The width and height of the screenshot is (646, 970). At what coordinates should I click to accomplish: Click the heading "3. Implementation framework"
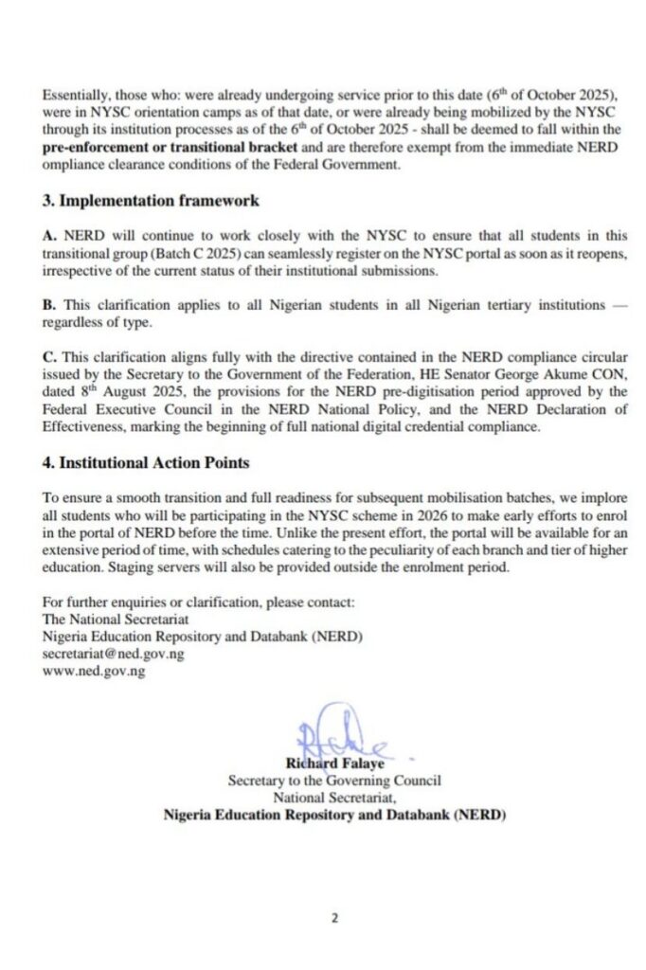(x=150, y=201)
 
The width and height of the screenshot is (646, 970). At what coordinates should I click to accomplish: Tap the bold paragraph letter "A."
(x=49, y=233)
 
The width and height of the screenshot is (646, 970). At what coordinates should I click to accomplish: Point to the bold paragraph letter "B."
(x=49, y=306)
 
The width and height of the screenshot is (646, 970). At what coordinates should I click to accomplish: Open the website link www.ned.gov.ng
(x=93, y=672)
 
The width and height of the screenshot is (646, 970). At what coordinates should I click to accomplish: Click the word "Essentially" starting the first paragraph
(x=74, y=95)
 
